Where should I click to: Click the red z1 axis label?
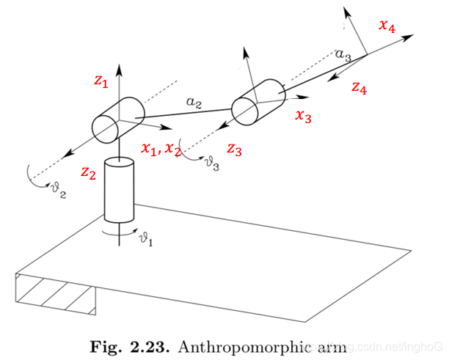[101, 82]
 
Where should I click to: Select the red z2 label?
[88, 173]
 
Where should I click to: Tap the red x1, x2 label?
[162, 149]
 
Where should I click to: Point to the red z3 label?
[234, 149]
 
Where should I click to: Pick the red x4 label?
[387, 26]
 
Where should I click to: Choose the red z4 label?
[359, 88]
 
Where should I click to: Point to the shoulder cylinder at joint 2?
[117, 119]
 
